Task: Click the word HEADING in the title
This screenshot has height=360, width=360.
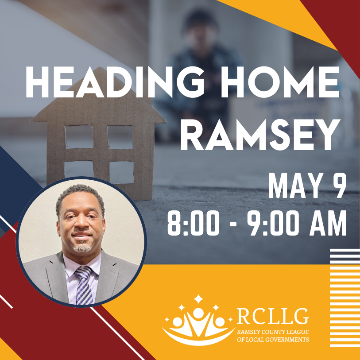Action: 115,82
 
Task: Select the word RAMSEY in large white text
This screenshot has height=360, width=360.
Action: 260,135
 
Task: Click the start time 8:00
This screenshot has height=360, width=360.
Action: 194,223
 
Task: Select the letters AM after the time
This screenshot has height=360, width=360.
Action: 328,223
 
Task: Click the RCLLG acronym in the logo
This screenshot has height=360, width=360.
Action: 272,316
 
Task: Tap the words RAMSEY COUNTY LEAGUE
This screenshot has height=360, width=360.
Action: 273,332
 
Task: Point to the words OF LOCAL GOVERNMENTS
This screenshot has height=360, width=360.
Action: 273,340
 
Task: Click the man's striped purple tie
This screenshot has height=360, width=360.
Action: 84,285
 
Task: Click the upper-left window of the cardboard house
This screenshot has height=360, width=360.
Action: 79,137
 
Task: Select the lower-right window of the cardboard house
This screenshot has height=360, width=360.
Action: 121,172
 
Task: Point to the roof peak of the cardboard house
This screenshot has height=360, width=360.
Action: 100,67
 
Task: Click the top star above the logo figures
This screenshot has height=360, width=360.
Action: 198,299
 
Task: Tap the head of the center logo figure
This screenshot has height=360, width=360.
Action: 198,314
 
